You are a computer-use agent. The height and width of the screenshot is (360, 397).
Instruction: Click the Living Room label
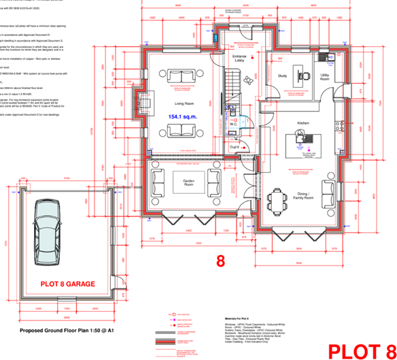point(184,103)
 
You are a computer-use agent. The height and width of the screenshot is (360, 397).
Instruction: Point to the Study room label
point(283,76)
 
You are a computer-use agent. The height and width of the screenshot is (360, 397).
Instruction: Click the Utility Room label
point(325,78)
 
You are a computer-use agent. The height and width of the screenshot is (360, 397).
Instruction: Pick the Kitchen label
point(303,123)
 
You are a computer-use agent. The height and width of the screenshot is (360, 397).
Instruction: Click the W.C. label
point(232,124)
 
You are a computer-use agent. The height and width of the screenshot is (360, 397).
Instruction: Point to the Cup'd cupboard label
point(233,146)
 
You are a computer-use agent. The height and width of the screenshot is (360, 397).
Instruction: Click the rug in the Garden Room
point(186,182)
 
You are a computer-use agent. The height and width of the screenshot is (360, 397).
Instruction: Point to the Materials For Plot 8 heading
point(241,316)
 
